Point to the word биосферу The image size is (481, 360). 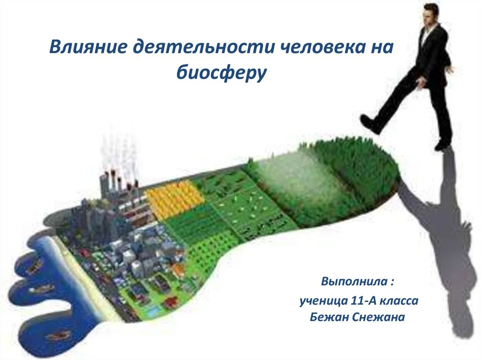[x=222, y=72]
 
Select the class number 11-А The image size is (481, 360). [x=363, y=300]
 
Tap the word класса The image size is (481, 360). [x=399, y=301]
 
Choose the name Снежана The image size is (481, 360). [x=378, y=317]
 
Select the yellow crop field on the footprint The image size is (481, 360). [x=174, y=199]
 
